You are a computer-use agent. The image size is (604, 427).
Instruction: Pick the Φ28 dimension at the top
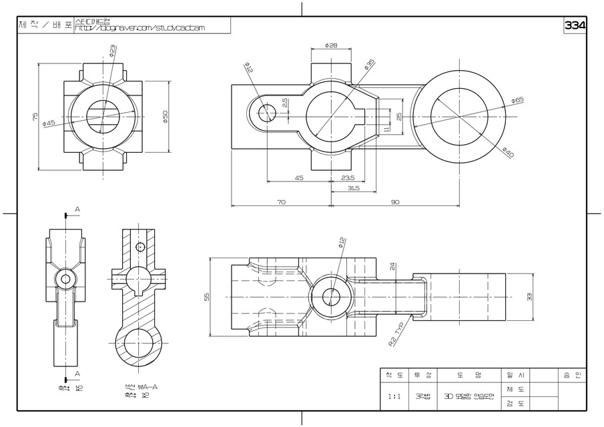pyautogui.click(x=331, y=45)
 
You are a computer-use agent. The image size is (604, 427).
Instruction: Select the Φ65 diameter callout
pyautogui.click(x=517, y=100)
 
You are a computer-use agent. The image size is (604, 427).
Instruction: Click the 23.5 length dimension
pyautogui.click(x=348, y=177)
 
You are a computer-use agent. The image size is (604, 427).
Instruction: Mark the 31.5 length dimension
pyautogui.click(x=353, y=189)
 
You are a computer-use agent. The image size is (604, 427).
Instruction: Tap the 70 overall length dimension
pyautogui.click(x=281, y=201)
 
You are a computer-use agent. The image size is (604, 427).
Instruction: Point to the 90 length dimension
pyautogui.click(x=394, y=201)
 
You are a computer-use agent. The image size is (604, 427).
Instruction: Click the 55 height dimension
pyautogui.click(x=206, y=297)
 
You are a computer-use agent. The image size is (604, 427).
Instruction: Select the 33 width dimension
pyautogui.click(x=529, y=297)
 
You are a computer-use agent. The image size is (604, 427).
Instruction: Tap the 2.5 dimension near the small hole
pyautogui.click(x=285, y=103)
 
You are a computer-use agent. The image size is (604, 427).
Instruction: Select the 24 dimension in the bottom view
pyautogui.click(x=393, y=265)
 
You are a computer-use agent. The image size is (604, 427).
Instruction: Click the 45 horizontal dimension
pyautogui.click(x=298, y=177)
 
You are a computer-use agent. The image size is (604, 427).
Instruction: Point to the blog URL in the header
pyautogui.click(x=140, y=27)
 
